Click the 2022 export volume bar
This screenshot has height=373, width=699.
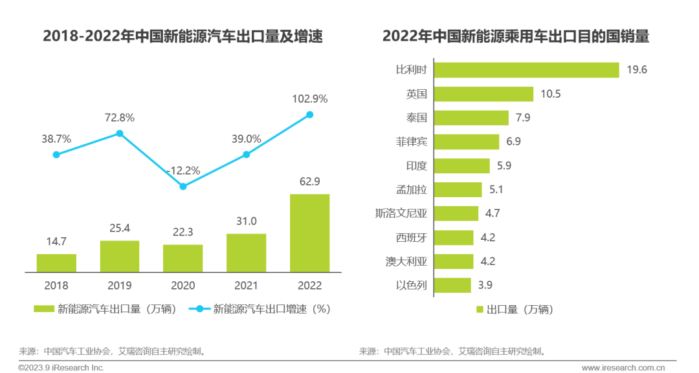(309, 233)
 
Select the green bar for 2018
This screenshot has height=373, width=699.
(56, 262)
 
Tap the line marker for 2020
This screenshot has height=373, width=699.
(183, 186)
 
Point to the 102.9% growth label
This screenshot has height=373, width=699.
(309, 99)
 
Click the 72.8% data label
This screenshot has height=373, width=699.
(119, 118)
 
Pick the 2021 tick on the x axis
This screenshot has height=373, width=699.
(246, 285)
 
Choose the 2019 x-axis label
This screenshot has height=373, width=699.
(119, 285)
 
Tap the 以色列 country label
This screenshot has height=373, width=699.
(411, 285)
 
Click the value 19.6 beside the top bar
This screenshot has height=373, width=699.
(637, 70)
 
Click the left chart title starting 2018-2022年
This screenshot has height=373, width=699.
(183, 36)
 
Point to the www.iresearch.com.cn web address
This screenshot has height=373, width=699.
(623, 368)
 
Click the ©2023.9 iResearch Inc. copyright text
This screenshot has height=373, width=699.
(61, 368)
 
